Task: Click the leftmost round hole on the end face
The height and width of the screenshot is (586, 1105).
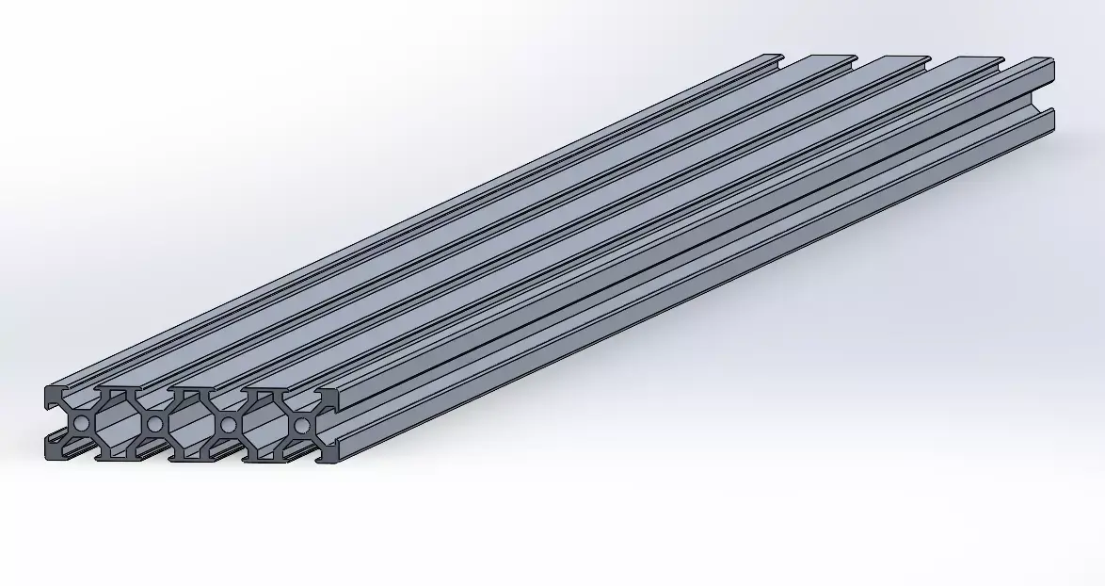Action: [81, 424]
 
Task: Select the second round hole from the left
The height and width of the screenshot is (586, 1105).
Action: [154, 424]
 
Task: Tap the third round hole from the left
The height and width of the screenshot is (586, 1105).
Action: [228, 425]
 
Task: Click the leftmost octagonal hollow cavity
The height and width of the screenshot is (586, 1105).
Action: [118, 424]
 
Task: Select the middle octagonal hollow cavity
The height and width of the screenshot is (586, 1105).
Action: [191, 424]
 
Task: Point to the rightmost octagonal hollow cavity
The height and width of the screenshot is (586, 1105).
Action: [264, 425]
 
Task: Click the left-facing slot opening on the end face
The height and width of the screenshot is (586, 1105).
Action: [49, 423]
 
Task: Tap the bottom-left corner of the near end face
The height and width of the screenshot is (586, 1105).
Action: [45, 458]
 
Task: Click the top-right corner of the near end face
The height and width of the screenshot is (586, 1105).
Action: [337, 391]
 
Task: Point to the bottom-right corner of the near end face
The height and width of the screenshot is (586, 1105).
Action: [336, 462]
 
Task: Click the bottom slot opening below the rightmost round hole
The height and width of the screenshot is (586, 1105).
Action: [301, 456]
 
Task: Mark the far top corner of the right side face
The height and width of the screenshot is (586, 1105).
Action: [1053, 62]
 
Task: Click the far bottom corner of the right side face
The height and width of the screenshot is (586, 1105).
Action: [1053, 127]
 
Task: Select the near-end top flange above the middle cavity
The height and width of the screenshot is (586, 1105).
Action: [191, 388]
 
